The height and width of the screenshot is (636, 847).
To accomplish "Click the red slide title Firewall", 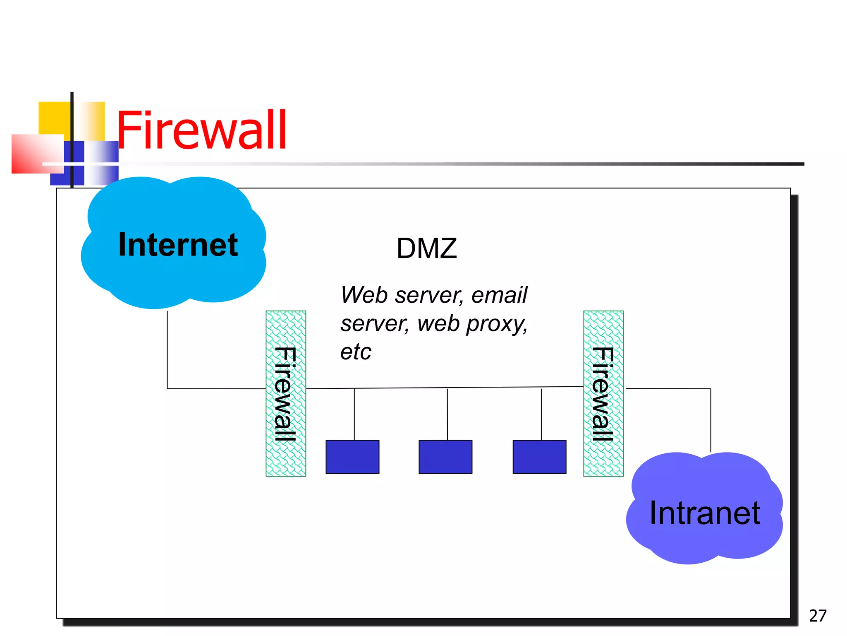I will pos(202,130).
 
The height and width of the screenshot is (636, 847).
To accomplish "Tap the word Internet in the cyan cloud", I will pos(178,245).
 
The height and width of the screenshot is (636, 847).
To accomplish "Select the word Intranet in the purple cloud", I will pos(704,513).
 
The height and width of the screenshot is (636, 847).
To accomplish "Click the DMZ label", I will pos(426,248).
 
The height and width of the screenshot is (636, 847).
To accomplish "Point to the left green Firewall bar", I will pos(286,393).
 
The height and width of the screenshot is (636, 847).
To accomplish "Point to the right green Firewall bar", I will pos(603,393).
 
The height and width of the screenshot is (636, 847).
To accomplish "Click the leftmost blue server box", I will pos(352,457).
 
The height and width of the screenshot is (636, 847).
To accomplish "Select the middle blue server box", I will pos(445,457).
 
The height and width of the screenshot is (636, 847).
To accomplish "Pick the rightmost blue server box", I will pos(539,457).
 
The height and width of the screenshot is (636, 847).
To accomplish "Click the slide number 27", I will pos(817,616).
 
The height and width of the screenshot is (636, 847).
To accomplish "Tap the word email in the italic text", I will pos(499,295).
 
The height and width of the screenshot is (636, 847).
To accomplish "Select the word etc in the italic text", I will pos(356,352).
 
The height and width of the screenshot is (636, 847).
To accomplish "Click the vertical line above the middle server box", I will pos(447,414).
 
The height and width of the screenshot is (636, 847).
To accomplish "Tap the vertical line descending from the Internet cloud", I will pos(167,350).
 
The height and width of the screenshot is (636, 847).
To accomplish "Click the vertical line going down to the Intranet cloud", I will pos(711,420).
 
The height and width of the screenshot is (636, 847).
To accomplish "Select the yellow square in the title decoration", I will pos(54,118).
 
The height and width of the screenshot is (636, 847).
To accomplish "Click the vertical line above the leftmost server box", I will pos(354,414).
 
